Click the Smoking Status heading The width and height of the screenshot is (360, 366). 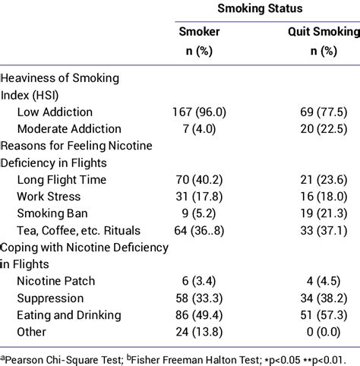click(260, 8)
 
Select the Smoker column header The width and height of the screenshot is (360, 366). click(199, 32)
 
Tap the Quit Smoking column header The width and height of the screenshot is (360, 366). click(324, 32)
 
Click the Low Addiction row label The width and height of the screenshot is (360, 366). click(55, 112)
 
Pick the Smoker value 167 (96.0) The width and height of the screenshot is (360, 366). click(199, 112)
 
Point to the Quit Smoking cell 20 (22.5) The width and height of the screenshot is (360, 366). click(324, 129)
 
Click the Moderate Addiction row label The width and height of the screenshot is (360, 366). click(69, 129)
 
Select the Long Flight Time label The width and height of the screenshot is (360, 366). click(62, 180)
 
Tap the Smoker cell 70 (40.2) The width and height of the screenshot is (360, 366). click(199, 180)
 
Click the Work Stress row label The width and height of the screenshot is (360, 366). click(49, 197)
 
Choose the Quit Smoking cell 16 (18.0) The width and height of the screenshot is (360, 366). click(324, 197)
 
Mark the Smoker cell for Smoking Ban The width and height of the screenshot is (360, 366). click(199, 213)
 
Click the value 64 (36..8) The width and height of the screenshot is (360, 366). click(199, 231)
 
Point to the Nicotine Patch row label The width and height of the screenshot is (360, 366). click(56, 281)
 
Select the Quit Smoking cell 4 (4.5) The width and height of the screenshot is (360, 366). click(324, 281)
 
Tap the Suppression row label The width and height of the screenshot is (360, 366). click(50, 298)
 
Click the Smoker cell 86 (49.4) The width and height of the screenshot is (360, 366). click(199, 315)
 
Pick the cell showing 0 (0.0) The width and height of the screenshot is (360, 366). click(324, 332)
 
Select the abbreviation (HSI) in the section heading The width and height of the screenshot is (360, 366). click(46, 96)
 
